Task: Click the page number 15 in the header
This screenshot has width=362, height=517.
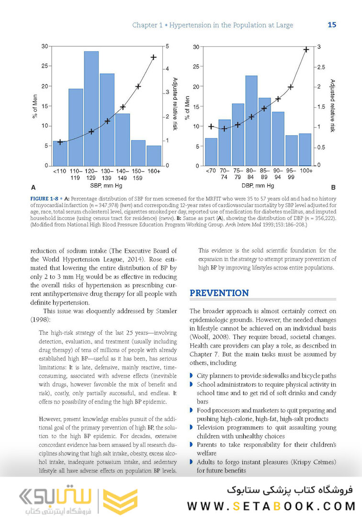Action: tap(332, 25)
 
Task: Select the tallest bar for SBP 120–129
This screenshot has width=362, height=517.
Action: tap(91, 108)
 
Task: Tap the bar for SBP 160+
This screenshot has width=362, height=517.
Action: tap(154, 156)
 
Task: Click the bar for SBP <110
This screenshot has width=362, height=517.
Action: tap(60, 153)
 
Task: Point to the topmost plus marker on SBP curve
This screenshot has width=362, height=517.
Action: tap(154, 57)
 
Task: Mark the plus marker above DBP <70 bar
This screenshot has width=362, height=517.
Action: tap(211, 126)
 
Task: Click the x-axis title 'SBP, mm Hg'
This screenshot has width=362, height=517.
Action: tap(107, 185)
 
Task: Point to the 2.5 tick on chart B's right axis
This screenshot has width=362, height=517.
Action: tap(321, 67)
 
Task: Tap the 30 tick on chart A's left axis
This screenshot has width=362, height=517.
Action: tap(45, 46)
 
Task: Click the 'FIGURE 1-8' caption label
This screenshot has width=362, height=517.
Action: tap(45, 199)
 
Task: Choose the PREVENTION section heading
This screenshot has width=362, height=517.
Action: tap(219, 293)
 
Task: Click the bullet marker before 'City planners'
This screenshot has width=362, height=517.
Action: tap(192, 376)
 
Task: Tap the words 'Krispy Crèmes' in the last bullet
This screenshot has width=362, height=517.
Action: tap(315, 462)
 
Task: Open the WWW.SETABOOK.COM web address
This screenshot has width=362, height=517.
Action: tap(271, 506)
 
